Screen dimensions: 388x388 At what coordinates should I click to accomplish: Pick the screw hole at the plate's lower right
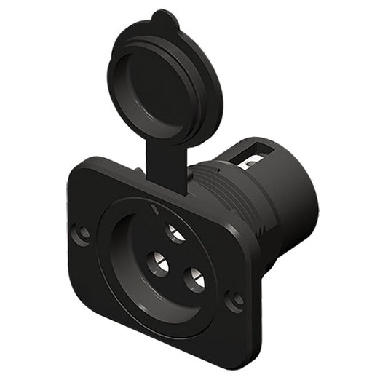235,299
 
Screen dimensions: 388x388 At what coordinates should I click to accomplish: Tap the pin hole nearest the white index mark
175,233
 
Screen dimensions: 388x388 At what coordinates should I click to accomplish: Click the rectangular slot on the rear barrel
256,154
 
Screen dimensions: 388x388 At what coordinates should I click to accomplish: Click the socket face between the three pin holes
175,258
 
